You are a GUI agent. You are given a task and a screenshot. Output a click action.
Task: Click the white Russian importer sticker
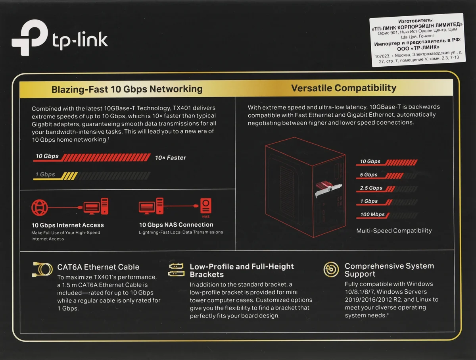pyautogui.click(x=417, y=40)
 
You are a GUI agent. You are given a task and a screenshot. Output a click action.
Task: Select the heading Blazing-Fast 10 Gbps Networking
pyautogui.click(x=127, y=89)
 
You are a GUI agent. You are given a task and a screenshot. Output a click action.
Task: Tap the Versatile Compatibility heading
pyautogui.click(x=344, y=88)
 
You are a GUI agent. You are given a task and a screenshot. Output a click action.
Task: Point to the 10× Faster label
pyautogui.click(x=171, y=158)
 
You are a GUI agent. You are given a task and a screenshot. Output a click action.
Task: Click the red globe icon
pyautogui.click(x=39, y=208)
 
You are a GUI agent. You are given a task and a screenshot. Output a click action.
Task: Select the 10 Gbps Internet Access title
pyautogui.click(x=68, y=225)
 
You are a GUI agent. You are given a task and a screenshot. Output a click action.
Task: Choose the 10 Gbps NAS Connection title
pyautogui.click(x=176, y=225)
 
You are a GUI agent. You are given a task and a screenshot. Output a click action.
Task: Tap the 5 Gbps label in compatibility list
pyautogui.click(x=369, y=175)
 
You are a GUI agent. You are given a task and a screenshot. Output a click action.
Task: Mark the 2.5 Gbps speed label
pyautogui.click(x=371, y=188)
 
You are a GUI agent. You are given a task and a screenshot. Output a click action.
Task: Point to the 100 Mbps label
pyautogui.click(x=372, y=214)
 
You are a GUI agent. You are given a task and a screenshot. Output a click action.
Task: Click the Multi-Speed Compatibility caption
pyautogui.click(x=394, y=231)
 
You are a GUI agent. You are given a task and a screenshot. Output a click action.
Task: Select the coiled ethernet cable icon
pyautogui.click(x=42, y=270)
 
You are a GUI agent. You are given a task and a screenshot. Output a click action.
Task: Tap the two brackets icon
pyautogui.click(x=176, y=270)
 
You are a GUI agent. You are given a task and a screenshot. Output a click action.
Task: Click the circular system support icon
pyautogui.click(x=331, y=270)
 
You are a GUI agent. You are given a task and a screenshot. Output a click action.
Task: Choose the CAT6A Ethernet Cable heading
pyautogui.click(x=98, y=267)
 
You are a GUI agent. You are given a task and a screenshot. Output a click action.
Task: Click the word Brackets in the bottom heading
pyautogui.click(x=207, y=275)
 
